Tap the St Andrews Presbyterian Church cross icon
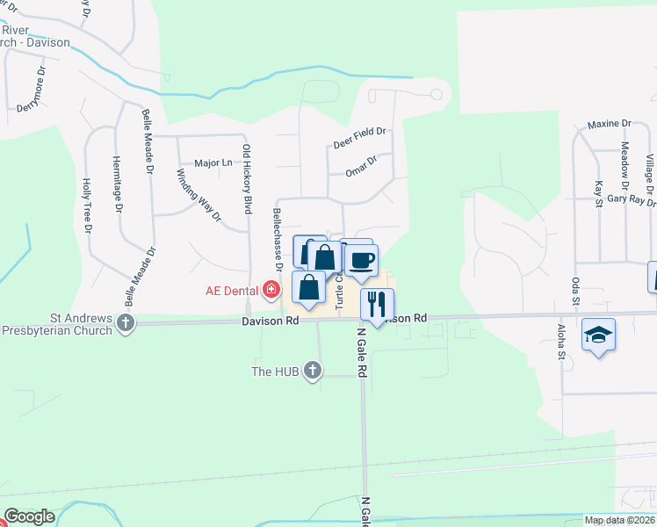click(x=126, y=322)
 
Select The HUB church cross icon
click(x=312, y=371)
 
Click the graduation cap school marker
click(x=598, y=335)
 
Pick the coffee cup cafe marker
click(x=361, y=259)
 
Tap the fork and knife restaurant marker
click(x=377, y=304)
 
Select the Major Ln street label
click(x=213, y=163)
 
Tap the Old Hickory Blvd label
click(x=248, y=179)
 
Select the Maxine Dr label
click(x=610, y=125)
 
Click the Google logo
click(x=29, y=516)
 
